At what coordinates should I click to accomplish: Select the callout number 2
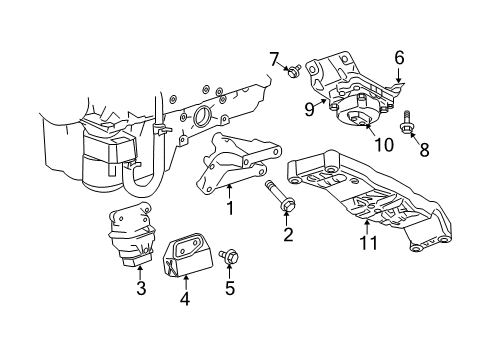(288, 236)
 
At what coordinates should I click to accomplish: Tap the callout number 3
(140, 290)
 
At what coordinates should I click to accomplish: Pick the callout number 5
(230, 291)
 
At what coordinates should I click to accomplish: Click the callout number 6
(398, 58)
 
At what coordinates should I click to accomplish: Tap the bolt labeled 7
(293, 70)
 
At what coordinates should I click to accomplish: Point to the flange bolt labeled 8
(410, 127)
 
